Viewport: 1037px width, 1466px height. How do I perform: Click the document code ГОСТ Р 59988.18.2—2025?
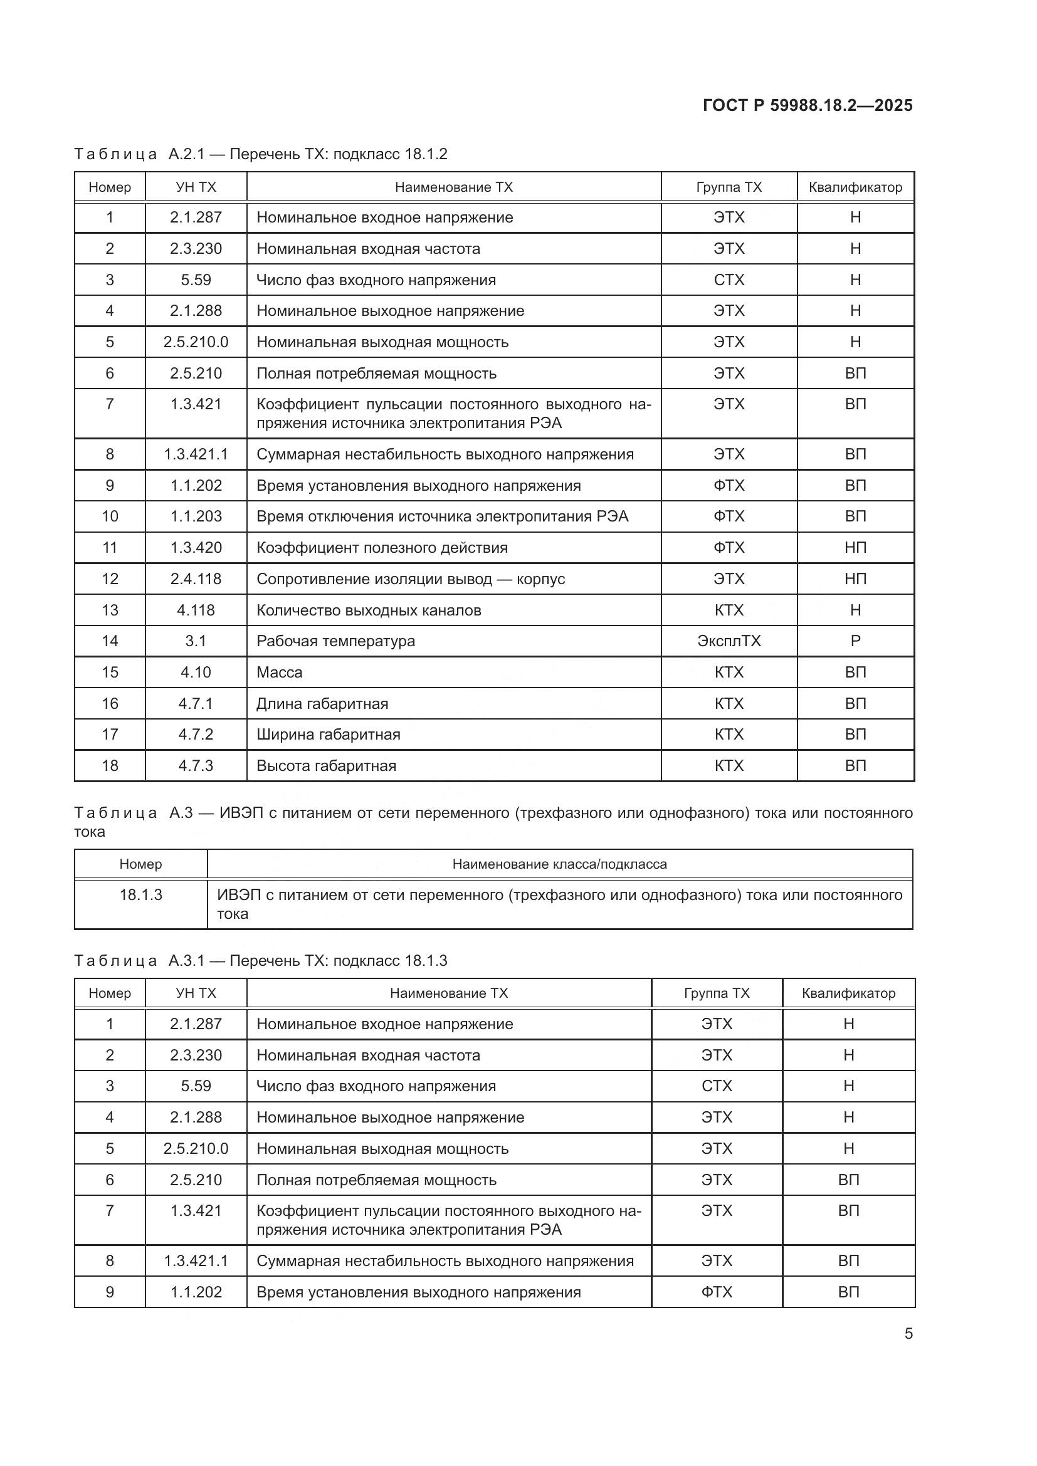tap(807, 105)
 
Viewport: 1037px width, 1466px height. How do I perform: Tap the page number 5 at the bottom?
tap(908, 1333)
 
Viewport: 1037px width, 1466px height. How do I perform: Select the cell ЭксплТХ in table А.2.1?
tap(729, 641)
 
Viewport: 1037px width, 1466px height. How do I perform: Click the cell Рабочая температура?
tap(335, 641)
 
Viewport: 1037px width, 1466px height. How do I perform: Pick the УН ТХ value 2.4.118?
tap(196, 579)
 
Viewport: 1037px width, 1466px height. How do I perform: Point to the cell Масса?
tap(279, 673)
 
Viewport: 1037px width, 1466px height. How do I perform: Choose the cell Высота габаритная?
tap(325, 765)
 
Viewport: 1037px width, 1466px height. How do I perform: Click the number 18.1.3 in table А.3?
tap(140, 894)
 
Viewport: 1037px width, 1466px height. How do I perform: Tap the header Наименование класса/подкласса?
tap(559, 864)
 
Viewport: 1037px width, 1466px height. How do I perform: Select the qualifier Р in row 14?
tap(855, 641)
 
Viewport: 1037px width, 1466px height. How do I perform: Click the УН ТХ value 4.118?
tap(196, 610)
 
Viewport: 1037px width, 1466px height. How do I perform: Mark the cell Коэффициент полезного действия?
tap(382, 548)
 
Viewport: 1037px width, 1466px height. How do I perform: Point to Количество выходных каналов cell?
tap(369, 610)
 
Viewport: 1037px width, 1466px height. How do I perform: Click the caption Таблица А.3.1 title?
tap(261, 960)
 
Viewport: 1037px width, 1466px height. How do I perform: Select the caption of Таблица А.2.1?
tap(261, 154)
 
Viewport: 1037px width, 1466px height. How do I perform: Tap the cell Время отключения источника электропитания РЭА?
tap(442, 516)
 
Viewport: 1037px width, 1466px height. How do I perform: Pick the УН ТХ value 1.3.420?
tap(196, 548)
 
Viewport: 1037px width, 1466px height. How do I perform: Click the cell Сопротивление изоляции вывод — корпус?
tap(410, 579)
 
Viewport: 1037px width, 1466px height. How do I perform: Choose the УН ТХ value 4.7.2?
tap(196, 735)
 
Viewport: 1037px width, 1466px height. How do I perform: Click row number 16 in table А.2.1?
tap(110, 704)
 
